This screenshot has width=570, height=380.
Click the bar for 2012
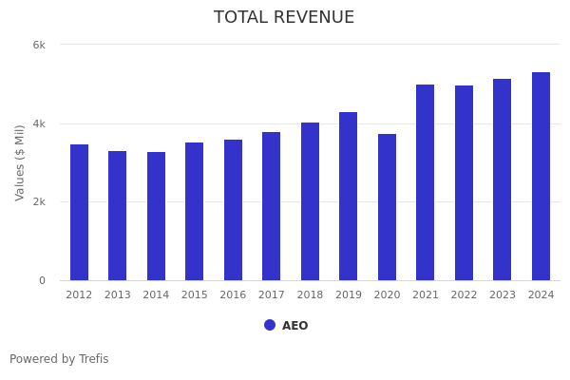click(x=79, y=213)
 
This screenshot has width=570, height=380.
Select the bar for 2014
click(x=156, y=217)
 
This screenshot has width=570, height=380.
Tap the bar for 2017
click(x=272, y=206)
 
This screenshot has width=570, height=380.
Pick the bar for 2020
click(x=387, y=207)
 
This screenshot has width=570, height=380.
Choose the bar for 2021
click(x=425, y=182)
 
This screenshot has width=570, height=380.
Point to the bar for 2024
click(x=541, y=177)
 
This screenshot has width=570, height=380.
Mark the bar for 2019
click(x=349, y=197)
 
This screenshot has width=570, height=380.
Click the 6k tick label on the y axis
click(x=39, y=45)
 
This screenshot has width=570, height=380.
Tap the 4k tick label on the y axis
click(x=39, y=123)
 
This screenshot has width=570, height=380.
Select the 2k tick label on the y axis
click(x=39, y=202)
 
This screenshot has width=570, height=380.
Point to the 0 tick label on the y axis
click(x=42, y=280)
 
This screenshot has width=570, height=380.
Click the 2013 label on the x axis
click(x=118, y=295)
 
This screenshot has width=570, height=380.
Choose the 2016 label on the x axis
click(x=233, y=295)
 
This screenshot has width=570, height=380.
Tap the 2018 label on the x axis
click(x=310, y=295)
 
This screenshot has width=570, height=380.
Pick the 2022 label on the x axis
click(x=464, y=295)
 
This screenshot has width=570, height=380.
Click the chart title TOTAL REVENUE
click(x=284, y=18)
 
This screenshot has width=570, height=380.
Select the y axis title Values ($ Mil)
click(x=20, y=162)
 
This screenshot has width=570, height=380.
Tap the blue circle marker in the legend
click(x=270, y=325)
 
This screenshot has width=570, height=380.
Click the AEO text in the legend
click(x=294, y=326)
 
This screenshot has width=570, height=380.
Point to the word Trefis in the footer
click(x=93, y=359)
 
